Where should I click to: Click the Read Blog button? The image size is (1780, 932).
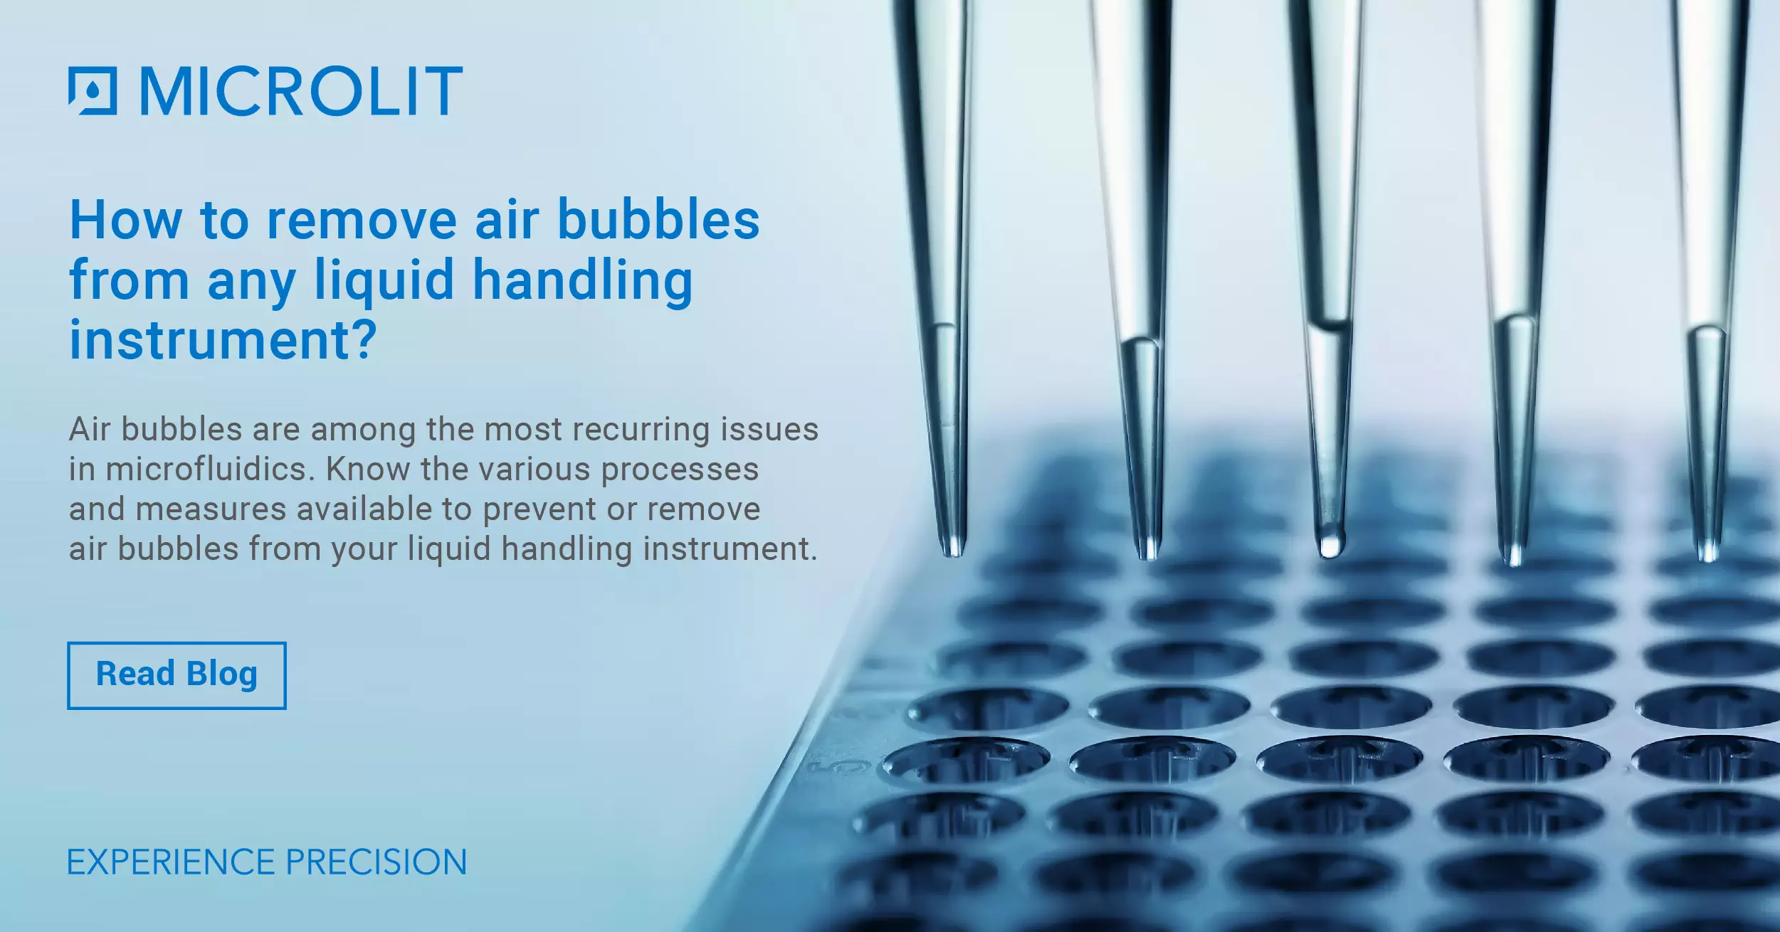click(177, 675)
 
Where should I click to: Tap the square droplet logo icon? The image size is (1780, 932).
click(93, 90)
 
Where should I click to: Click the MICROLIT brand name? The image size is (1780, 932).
click(301, 90)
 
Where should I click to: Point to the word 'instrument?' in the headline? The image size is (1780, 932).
click(223, 339)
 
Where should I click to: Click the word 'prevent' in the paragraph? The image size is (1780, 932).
click(536, 510)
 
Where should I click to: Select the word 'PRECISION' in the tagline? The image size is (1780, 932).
click(376, 862)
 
